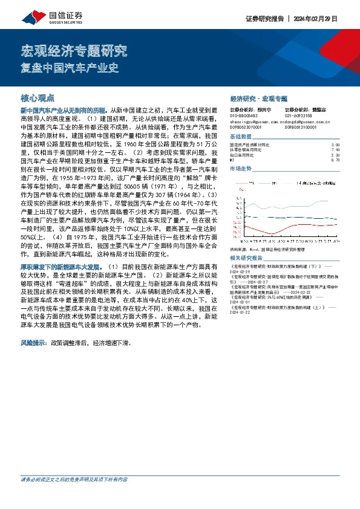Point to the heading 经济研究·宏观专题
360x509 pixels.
click(259, 98)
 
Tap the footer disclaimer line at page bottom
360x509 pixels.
click(74, 479)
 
